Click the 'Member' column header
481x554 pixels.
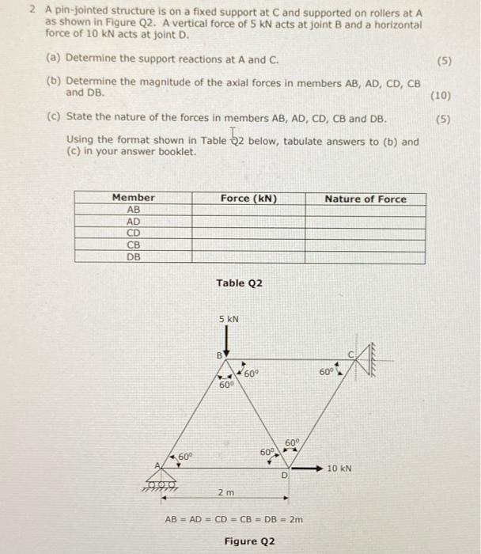[133, 198]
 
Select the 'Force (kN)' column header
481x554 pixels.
[248, 198]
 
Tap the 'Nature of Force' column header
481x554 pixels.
[365, 199]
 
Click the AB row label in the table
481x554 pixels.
[133, 211]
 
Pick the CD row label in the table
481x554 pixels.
[133, 233]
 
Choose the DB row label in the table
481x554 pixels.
[133, 256]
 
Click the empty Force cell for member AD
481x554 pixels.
[248, 222]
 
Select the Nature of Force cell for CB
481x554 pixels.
[365, 245]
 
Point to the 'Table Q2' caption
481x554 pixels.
[239, 283]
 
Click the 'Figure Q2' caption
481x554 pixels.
[249, 541]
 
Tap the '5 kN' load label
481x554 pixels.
[229, 320]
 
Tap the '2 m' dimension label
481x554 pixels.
[225, 492]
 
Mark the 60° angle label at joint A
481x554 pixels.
[185, 457]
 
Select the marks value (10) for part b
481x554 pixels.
[440, 96]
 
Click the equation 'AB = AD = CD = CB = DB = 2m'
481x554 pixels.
[233, 520]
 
